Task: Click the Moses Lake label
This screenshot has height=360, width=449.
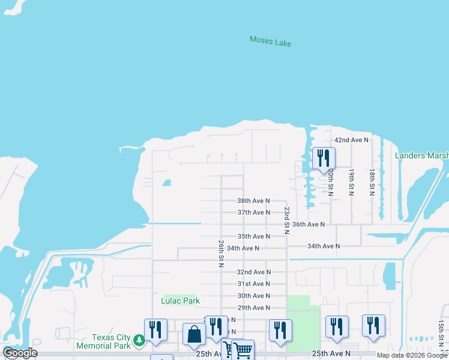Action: click(270, 41)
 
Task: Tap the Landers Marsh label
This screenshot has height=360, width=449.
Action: click(421, 156)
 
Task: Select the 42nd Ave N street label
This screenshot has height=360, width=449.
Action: click(351, 140)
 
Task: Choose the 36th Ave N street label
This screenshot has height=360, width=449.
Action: click(309, 224)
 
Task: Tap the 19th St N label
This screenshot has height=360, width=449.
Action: click(351, 182)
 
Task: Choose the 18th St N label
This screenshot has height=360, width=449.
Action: click(372, 182)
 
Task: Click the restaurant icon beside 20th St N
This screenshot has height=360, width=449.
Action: click(324, 158)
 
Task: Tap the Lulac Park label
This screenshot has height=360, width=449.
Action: click(180, 301)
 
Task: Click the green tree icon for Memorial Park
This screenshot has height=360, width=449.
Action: click(139, 341)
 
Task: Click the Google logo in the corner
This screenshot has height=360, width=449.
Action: click(20, 353)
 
